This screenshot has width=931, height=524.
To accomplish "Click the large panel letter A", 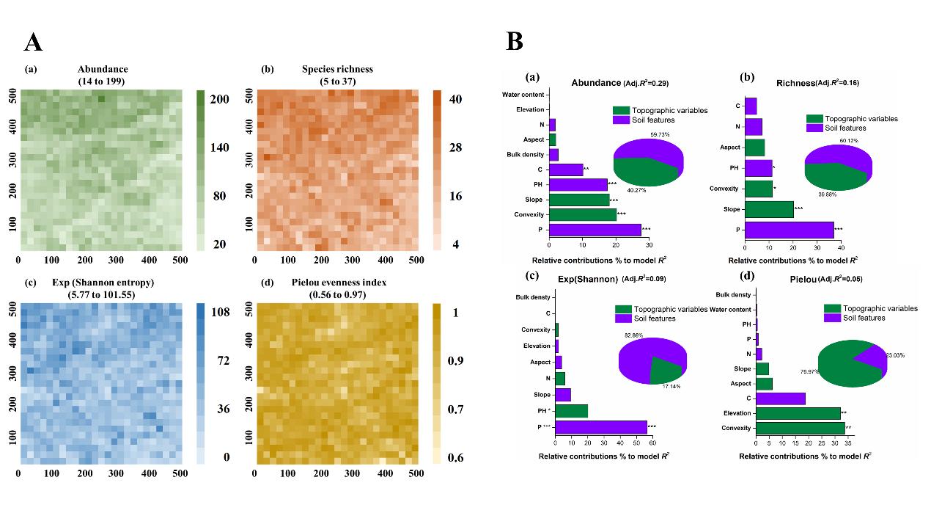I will [33, 43].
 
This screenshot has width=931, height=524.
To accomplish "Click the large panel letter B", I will [515, 42].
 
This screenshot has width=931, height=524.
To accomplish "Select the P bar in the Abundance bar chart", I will [595, 230].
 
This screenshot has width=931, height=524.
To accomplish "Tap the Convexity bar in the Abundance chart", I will [582, 214].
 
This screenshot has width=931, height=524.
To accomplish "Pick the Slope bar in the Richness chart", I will [769, 209].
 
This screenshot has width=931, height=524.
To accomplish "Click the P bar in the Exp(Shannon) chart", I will [601, 426].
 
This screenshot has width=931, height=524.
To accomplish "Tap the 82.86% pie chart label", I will [635, 334].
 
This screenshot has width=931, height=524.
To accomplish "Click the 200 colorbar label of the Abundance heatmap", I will [220, 99].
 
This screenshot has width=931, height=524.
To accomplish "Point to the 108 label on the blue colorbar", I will [220, 313].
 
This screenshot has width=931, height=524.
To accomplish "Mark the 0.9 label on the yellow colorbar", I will [457, 361].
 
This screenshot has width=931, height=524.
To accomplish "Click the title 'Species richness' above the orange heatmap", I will [337, 69].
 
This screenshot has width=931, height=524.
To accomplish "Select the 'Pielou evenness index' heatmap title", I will [337, 283].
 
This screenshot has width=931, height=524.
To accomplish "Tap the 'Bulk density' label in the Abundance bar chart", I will [524, 155].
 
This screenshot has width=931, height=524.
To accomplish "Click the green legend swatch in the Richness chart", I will [814, 118].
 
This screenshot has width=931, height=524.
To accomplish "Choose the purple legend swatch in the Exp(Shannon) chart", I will [623, 319].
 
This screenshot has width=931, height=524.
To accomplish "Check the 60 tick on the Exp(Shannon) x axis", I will [652, 443].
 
